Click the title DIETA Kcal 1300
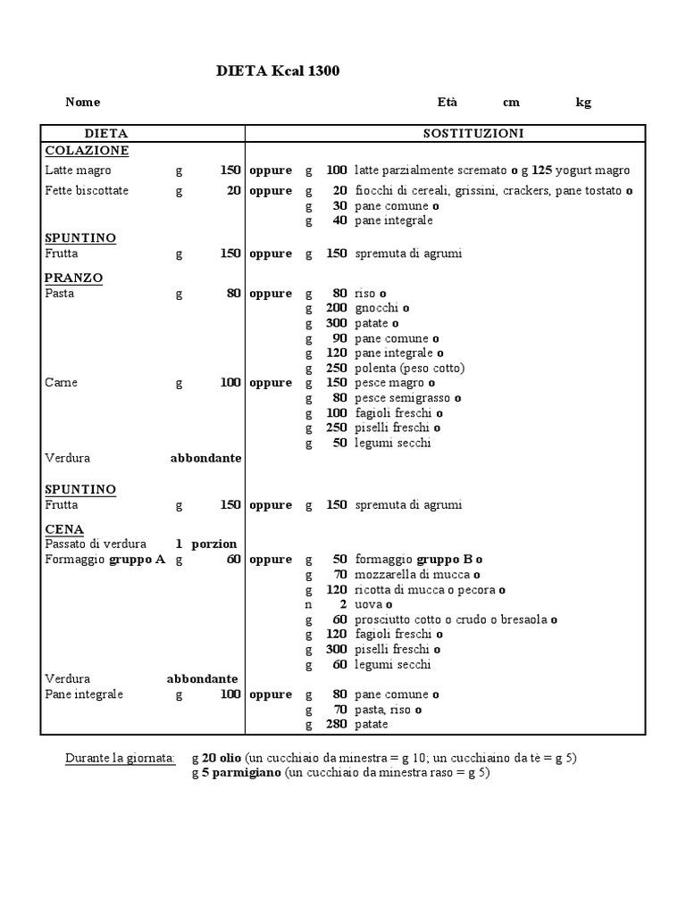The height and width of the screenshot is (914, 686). click(278, 71)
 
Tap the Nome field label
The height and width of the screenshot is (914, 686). click(83, 103)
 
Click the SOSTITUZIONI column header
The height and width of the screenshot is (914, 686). click(473, 133)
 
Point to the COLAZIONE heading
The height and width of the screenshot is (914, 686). click(87, 150)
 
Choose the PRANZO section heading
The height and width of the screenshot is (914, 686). click(73, 278)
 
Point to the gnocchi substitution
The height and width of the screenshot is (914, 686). click(377, 308)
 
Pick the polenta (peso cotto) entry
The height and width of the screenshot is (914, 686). click(409, 368)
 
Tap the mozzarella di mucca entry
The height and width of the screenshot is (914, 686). click(414, 575)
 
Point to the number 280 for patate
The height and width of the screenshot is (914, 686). click(336, 725)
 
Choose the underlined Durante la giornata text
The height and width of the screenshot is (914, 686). click(120, 759)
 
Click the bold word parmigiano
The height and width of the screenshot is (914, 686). click(247, 773)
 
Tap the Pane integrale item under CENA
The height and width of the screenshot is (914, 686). click(84, 694)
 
